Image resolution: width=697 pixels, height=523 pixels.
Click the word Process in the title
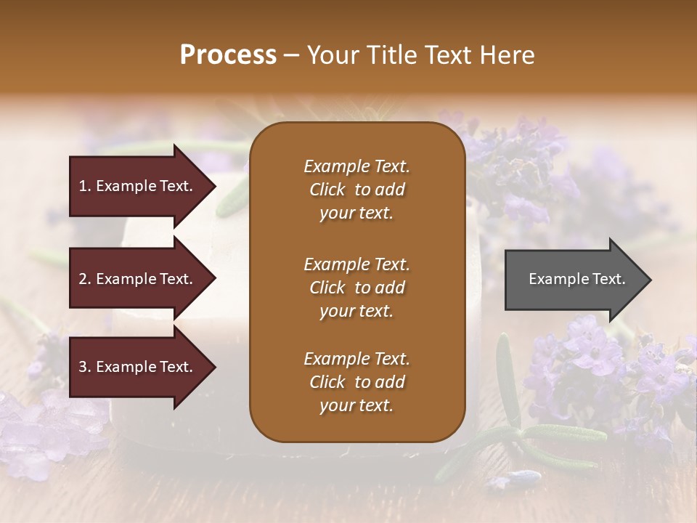pyautogui.click(x=228, y=55)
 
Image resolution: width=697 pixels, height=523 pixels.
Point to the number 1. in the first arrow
pyautogui.click(x=85, y=186)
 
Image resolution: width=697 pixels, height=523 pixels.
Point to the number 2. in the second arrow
pyautogui.click(x=85, y=279)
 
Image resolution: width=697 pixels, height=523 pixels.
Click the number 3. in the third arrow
pyautogui.click(x=85, y=368)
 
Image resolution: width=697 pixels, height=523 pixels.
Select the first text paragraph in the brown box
pyautogui.click(x=356, y=190)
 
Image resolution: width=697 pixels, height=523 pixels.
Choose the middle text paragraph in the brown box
pyautogui.click(x=356, y=288)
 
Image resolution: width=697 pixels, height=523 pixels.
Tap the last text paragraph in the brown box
pyautogui.click(x=356, y=382)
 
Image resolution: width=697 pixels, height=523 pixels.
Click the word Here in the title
pyautogui.click(x=508, y=55)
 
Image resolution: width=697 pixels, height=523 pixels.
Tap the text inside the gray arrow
pyautogui.click(x=577, y=280)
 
